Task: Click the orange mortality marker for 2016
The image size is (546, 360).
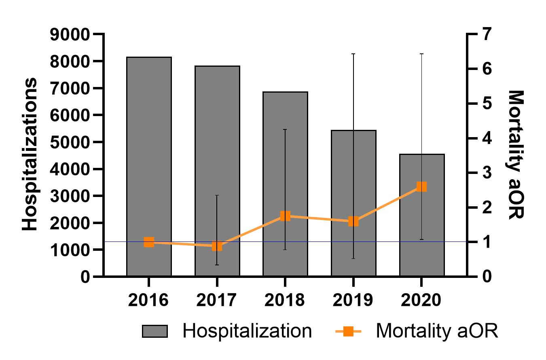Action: [149, 242]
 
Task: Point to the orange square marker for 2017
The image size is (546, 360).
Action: [217, 246]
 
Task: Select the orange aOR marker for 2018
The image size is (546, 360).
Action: [285, 216]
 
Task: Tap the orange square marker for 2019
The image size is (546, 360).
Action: [353, 221]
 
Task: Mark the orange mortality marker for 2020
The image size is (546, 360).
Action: [421, 186]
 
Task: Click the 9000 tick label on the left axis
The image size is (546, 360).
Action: [69, 35]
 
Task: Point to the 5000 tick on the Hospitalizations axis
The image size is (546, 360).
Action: [69, 142]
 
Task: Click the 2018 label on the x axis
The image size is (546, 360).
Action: [285, 301]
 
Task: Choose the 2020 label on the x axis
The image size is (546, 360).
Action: [421, 301]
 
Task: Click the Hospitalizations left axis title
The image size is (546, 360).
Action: [30, 155]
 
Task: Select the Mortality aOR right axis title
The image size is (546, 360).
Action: [515, 155]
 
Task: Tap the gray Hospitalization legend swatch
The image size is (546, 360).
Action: [154, 332]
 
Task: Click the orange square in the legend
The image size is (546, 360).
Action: [349, 332]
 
